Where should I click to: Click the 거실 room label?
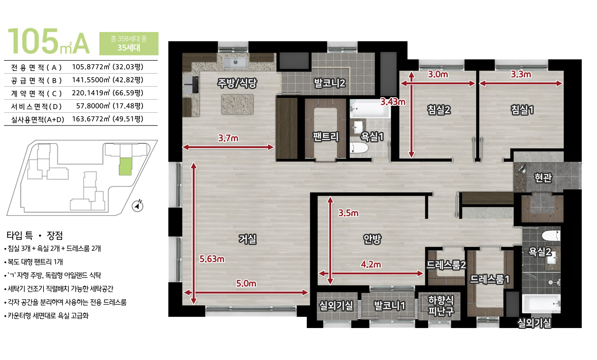248,239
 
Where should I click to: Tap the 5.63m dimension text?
212,259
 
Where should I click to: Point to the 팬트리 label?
326,137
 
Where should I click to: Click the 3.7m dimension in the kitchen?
228,138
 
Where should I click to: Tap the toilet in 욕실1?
359,148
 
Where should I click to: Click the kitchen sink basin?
236,62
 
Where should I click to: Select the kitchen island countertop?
237,104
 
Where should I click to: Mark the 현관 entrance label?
543,177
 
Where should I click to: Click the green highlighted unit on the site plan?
125,166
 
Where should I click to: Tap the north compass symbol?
138,206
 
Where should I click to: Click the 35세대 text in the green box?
129,48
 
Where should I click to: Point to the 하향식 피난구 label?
441,305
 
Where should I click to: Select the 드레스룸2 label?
446,265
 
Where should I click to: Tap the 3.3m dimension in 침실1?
521,74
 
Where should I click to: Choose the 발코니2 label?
330,83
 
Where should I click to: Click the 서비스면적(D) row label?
36,106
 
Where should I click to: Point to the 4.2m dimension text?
371,264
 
